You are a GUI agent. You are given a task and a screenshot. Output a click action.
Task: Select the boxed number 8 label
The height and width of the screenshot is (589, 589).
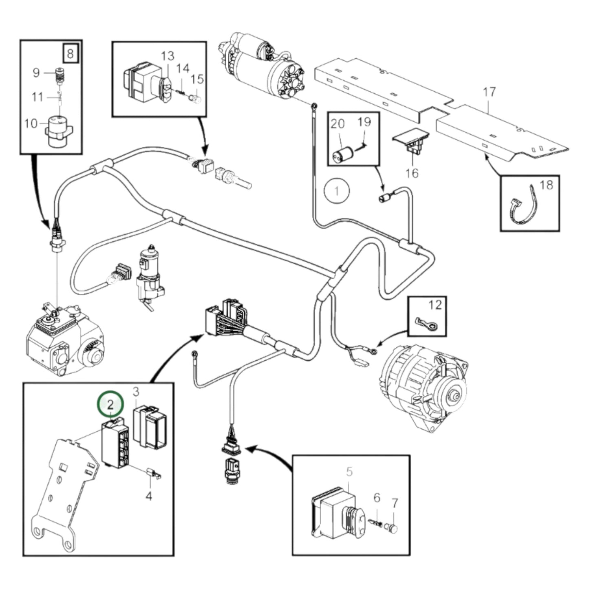pyautogui.click(x=71, y=53)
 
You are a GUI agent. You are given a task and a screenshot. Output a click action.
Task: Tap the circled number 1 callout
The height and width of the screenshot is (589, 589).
pyautogui.click(x=337, y=191)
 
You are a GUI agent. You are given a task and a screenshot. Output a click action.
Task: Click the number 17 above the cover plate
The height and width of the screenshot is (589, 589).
pyautogui.click(x=489, y=92)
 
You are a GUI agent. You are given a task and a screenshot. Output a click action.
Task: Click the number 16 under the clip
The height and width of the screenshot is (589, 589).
pyautogui.click(x=412, y=173)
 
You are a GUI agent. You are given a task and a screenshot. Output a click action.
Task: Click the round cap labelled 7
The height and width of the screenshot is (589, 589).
pyautogui.click(x=393, y=529)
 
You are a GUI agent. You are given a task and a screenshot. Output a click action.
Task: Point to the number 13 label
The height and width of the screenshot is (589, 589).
pyautogui.click(x=167, y=56)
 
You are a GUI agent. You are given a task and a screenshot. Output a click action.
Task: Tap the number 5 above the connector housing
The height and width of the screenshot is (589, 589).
pyautogui.click(x=349, y=472)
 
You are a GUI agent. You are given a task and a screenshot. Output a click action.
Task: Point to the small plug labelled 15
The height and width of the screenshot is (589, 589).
pyautogui.click(x=197, y=98)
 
